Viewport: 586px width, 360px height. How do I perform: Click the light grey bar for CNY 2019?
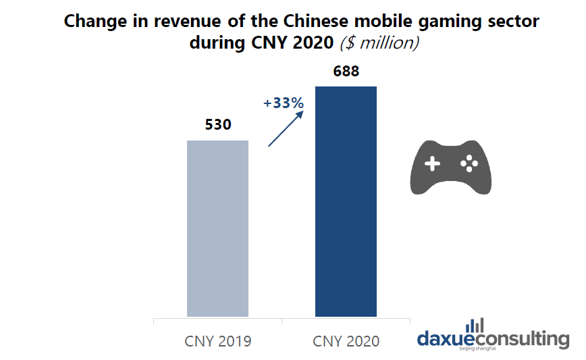pyautogui.click(x=217, y=228)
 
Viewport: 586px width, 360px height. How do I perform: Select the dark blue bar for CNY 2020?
pyautogui.click(x=346, y=201)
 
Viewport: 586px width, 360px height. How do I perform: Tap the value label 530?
pyautogui.click(x=217, y=125)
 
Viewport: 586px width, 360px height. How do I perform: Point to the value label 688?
pyautogui.click(x=346, y=71)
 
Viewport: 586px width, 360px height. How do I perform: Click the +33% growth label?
pyautogui.click(x=284, y=103)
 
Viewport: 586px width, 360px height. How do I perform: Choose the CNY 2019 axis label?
pyautogui.click(x=217, y=341)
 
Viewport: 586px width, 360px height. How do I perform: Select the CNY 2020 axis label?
pyautogui.click(x=346, y=341)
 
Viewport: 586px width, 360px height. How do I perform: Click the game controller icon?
pyautogui.click(x=450, y=166)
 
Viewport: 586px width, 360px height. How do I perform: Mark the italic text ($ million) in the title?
pyautogui.click(x=380, y=43)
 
